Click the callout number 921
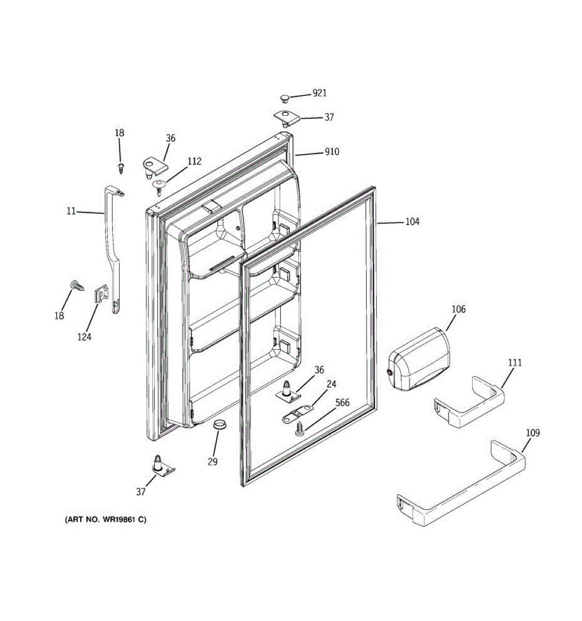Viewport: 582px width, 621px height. coord(319,93)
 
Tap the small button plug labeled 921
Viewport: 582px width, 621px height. coord(284,97)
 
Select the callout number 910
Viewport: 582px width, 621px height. coord(332,152)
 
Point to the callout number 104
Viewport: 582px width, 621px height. coord(412,221)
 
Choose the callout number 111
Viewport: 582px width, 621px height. coord(515,363)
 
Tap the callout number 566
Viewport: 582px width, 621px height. coord(342,403)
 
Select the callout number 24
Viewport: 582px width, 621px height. coord(332,384)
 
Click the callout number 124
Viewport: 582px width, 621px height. coord(84,337)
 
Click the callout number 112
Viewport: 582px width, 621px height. coord(194,161)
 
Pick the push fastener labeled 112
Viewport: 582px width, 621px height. coord(159,185)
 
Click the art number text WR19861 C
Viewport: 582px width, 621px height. coord(105,520)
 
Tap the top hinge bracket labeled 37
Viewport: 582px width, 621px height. coord(286,118)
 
